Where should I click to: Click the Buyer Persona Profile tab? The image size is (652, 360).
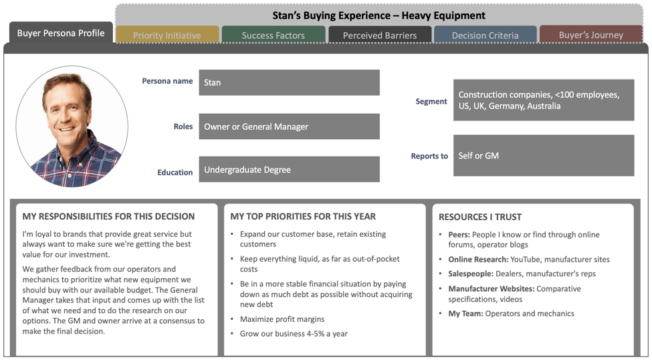click(61, 33)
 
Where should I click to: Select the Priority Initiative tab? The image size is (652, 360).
click(167, 35)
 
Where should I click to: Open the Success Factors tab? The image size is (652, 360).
click(274, 35)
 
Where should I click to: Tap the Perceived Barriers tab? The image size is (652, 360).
click(380, 35)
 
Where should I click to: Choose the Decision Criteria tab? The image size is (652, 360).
click(485, 35)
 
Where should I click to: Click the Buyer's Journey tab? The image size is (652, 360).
click(591, 35)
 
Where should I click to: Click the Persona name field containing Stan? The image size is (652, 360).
click(289, 82)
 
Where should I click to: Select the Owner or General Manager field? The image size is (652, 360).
click(289, 126)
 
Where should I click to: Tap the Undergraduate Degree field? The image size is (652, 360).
click(289, 169)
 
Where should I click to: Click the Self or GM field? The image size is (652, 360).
click(544, 155)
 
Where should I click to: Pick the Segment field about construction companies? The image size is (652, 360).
click(544, 100)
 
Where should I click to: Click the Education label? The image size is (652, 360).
click(175, 172)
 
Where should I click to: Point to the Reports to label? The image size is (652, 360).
click(429, 156)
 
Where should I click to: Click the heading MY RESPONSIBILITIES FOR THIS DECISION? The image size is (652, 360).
click(108, 216)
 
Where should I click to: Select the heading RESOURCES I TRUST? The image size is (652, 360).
click(480, 217)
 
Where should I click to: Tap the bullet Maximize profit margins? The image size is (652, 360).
click(282, 319)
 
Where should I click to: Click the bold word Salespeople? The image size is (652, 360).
click(471, 274)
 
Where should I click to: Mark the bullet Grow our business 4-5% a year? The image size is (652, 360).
click(294, 334)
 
